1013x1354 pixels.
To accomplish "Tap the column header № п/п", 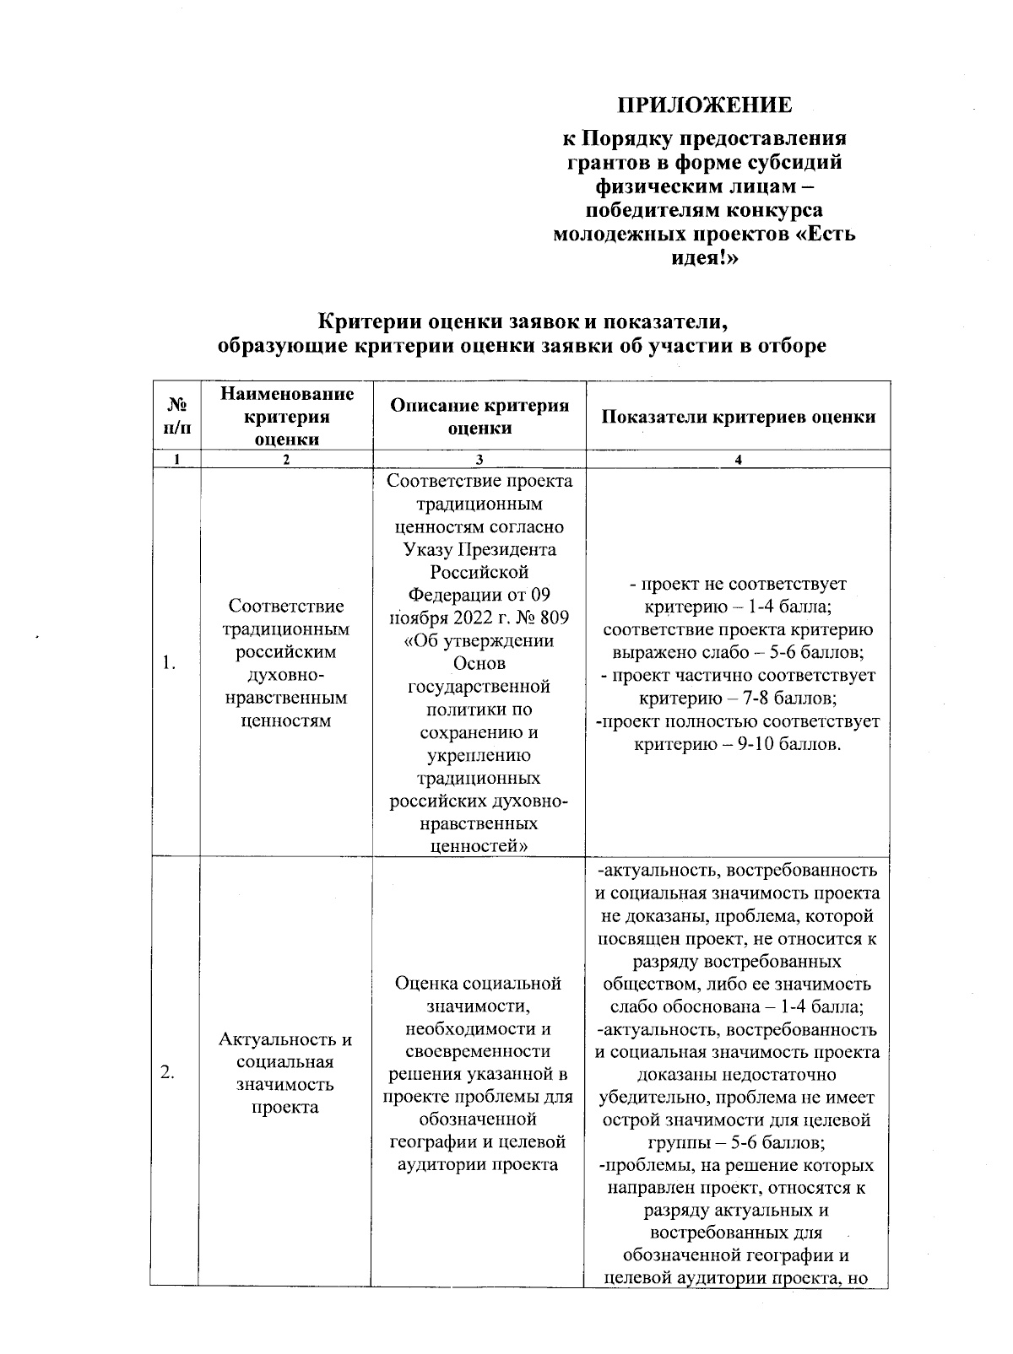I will pos(176,416).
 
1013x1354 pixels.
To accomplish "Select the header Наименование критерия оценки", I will pos(286,416).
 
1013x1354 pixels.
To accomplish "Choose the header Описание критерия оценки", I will pos(479,416).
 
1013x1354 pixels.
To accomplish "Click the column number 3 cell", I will pos(479,460).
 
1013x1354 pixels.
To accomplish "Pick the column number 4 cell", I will pos(738,460).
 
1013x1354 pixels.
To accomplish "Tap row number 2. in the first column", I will pos(168,1072).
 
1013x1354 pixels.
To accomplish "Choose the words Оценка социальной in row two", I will pos(479,984).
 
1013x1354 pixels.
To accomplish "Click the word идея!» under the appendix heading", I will pos(704,257).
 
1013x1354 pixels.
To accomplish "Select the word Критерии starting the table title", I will pos(364,321).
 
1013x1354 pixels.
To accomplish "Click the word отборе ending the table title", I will pos(788,346).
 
